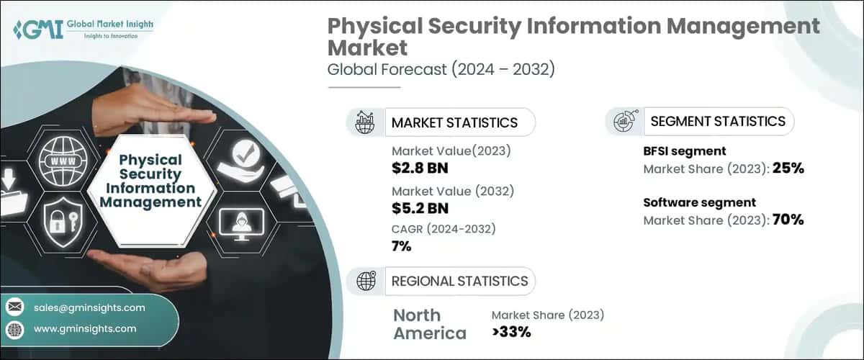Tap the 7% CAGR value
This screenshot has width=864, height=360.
point(401,246)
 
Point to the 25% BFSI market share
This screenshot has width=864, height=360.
point(787,169)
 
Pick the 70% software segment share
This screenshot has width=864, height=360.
point(787,220)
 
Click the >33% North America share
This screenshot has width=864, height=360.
point(511,332)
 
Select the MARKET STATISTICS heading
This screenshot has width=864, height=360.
point(454,122)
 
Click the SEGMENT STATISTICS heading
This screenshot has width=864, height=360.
point(717,122)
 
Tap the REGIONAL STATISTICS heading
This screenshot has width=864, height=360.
point(459,281)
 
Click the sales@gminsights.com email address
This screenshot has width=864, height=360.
point(89,307)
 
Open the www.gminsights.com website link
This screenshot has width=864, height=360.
point(85,328)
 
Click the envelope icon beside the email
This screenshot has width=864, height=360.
point(15,307)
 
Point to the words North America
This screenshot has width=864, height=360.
point(429,324)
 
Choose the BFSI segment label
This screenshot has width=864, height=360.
point(684,151)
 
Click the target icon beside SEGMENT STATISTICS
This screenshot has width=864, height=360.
point(624,122)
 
